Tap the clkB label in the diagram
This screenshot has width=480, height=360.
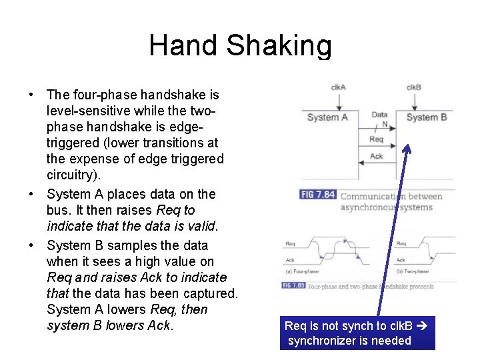tap(414, 87)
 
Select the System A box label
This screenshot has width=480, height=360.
tap(327, 117)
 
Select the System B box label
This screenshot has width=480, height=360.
tap(427, 117)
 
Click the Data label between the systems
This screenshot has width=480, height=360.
tap(379, 115)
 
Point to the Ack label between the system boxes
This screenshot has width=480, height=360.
tap(377, 157)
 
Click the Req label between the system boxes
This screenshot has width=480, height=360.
tap(377, 139)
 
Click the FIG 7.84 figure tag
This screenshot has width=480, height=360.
tap(319, 195)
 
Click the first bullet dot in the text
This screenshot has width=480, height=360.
tap(32, 95)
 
